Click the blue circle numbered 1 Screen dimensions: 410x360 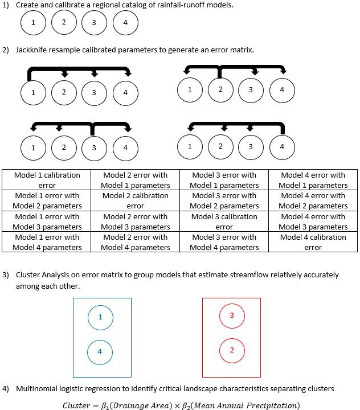coord(100,317)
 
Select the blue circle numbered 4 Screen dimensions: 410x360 coord(100,352)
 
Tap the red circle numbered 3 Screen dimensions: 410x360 coord(232,315)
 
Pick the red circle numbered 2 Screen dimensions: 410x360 coord(232,350)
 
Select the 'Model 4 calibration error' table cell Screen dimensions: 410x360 coord(313,242)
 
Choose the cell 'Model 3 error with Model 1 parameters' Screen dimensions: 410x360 coord(224,180)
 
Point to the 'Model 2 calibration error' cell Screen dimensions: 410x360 coord(135,200)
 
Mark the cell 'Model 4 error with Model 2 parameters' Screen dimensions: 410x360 coord(313,200)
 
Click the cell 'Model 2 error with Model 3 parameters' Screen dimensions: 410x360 coord(135,222)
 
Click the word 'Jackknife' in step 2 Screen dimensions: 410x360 coord(33,50)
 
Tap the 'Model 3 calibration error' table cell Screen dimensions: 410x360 coord(224,222)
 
